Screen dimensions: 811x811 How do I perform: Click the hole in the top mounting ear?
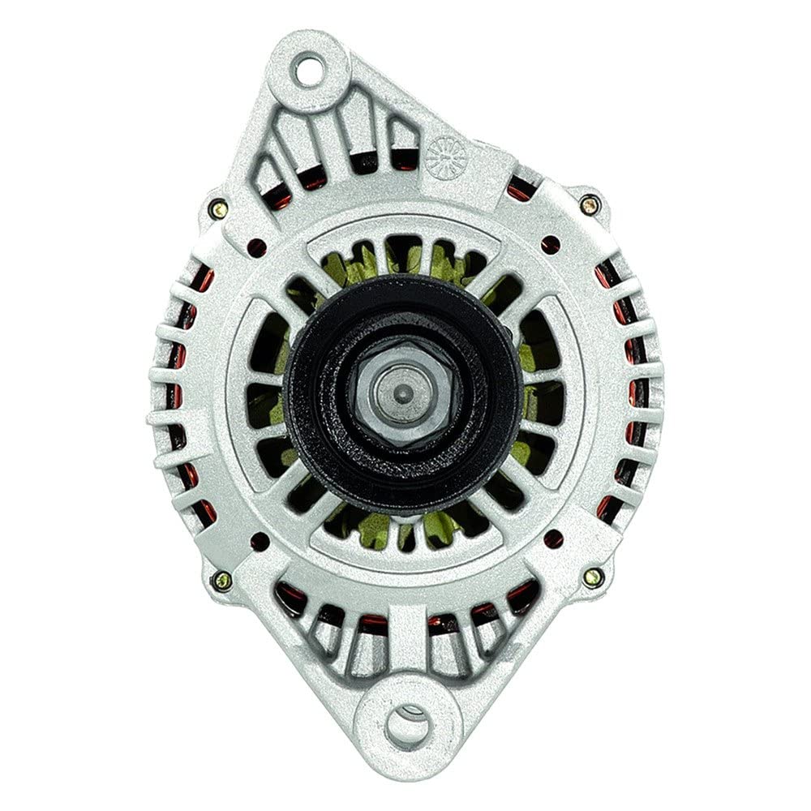[x=308, y=71]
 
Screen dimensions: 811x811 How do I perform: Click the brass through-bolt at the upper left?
[x=218, y=209]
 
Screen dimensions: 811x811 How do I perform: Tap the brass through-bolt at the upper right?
[x=590, y=205]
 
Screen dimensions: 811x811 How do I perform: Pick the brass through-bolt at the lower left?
[x=221, y=580]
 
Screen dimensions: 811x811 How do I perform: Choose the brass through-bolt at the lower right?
[x=593, y=577]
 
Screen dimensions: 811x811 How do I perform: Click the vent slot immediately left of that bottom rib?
[x=375, y=641]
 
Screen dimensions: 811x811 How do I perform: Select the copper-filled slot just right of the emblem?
[x=520, y=191]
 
